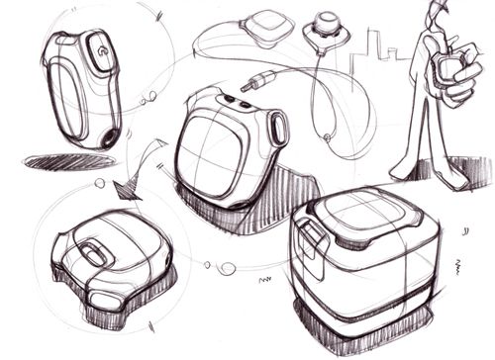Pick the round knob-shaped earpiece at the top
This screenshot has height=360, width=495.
tap(327, 24)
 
